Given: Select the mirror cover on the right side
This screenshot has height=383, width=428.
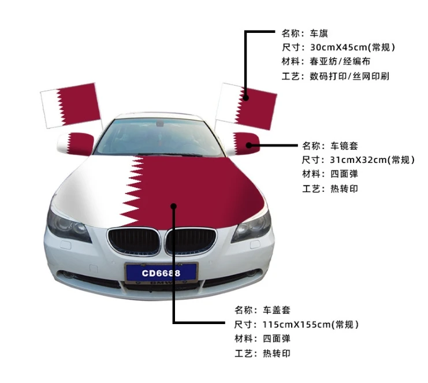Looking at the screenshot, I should click(241, 143).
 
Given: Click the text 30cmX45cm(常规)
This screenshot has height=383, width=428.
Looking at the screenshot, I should click(352, 47).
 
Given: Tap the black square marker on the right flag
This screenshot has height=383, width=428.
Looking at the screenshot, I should click(246, 98).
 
